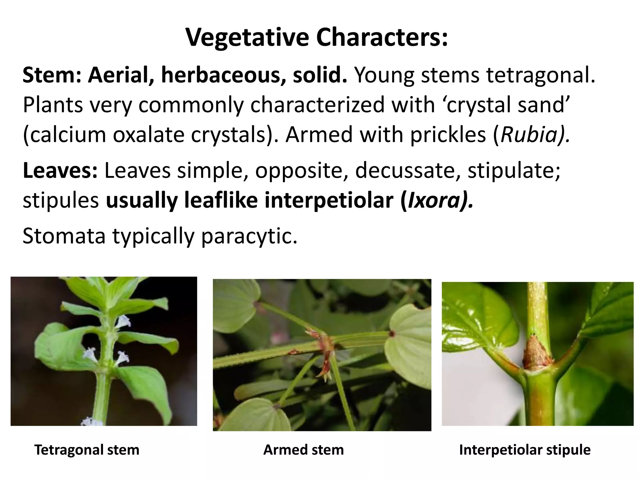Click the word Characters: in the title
(x=382, y=37)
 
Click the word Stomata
(x=64, y=236)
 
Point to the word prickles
(x=448, y=135)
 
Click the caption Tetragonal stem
(x=87, y=450)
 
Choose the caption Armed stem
(x=303, y=450)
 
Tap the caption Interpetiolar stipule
(x=525, y=450)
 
